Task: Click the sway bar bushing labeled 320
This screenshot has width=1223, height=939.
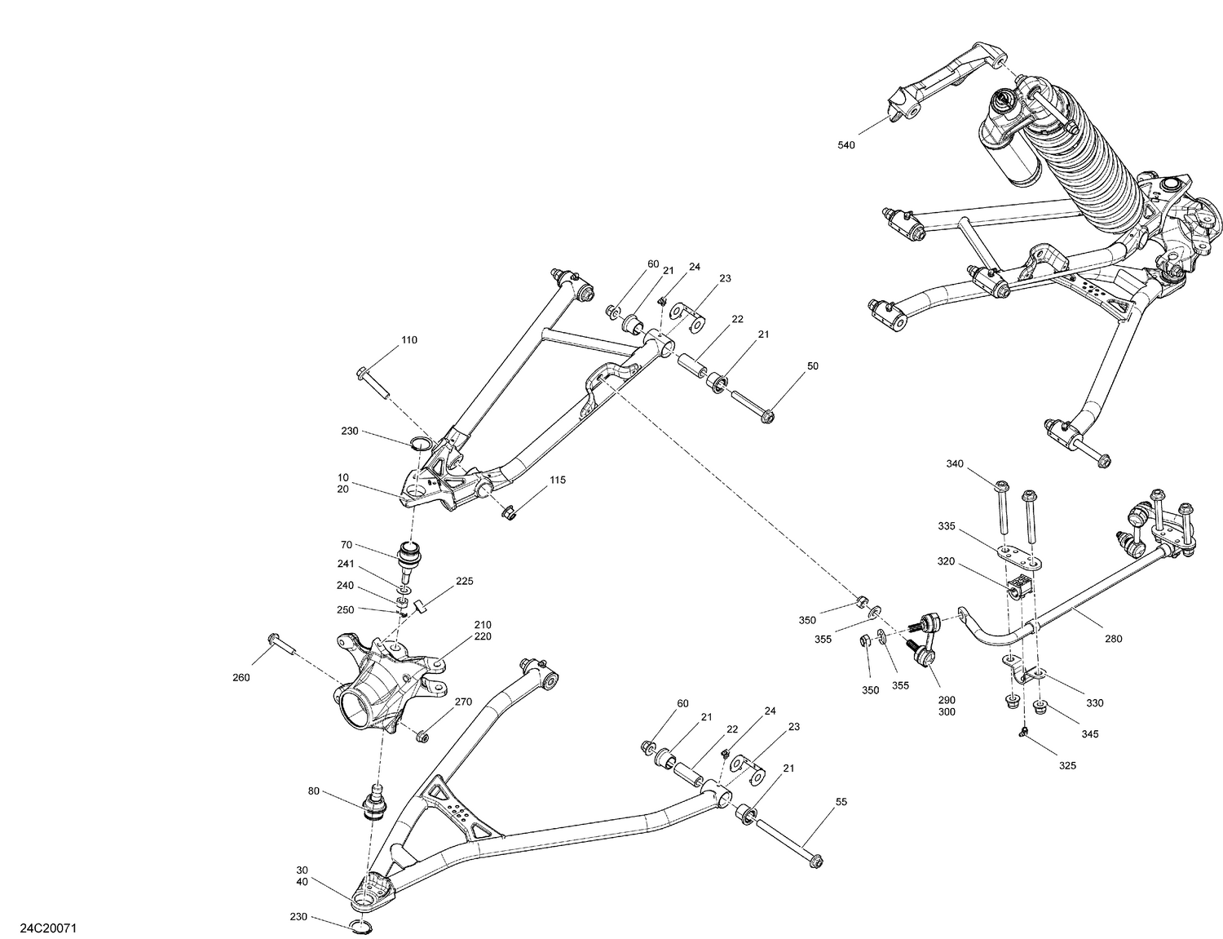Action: click(1020, 587)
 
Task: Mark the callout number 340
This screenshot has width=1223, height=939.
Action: click(955, 464)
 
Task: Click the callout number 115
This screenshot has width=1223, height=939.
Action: click(557, 481)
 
